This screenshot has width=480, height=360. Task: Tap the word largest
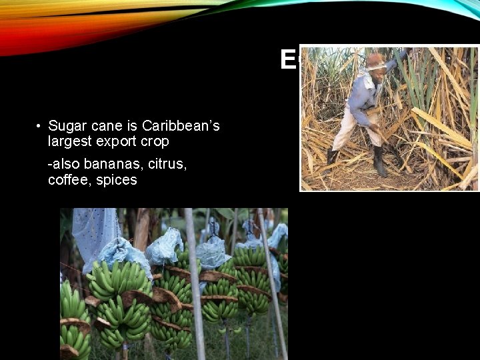click(x=69, y=141)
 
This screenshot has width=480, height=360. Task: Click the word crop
click(x=154, y=141)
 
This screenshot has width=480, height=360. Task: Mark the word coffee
click(x=67, y=180)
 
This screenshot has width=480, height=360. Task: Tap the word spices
click(x=114, y=180)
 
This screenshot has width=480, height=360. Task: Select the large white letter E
click(x=288, y=61)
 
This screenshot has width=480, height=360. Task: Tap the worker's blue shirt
click(x=364, y=97)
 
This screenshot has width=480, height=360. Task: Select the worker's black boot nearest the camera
click(x=380, y=163)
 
